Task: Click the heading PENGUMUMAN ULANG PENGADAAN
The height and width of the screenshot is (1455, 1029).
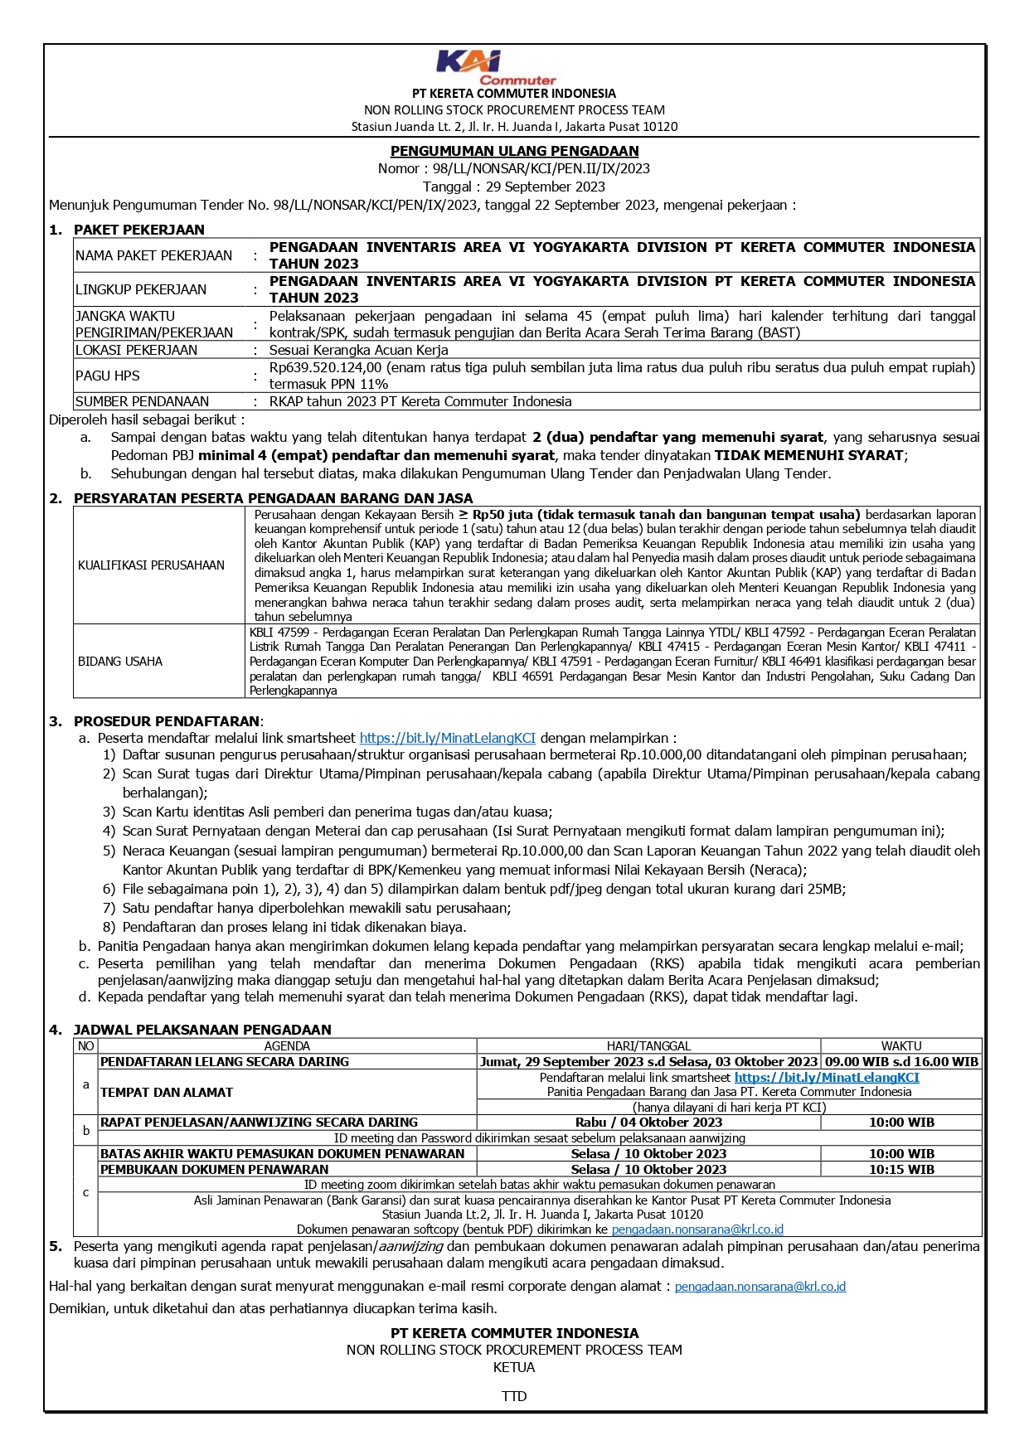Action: (514, 151)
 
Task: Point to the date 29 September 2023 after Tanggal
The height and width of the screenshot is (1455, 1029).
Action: (546, 187)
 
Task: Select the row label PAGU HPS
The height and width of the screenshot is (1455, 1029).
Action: (108, 376)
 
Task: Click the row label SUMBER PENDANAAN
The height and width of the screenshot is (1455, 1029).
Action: (142, 401)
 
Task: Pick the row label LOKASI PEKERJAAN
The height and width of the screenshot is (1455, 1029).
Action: (136, 350)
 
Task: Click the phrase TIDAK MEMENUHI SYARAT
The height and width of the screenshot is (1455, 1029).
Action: (808, 455)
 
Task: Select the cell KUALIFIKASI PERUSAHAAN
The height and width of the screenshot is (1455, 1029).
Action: (151, 565)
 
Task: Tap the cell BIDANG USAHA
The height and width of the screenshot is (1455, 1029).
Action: (120, 662)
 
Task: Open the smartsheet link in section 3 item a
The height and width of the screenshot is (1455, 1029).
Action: (447, 738)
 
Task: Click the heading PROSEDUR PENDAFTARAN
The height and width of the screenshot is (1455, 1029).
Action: (167, 721)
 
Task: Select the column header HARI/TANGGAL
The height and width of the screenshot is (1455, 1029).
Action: (648, 1046)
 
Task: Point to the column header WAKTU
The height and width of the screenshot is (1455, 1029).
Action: (901, 1046)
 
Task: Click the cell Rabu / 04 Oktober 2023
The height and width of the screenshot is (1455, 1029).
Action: (648, 1123)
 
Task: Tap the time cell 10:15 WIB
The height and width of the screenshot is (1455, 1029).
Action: (901, 1170)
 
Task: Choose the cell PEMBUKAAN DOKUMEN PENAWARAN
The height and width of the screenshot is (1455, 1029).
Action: (215, 1170)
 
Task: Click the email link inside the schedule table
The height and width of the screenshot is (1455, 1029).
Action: (697, 1229)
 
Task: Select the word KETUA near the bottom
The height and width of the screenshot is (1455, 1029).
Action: (514, 1367)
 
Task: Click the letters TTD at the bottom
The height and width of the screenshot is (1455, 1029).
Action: (514, 1396)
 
